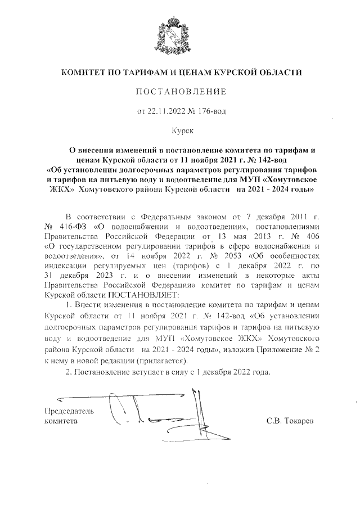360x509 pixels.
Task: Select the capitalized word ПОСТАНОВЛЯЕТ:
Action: pos(144,294)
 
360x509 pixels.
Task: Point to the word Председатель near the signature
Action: pos(69,411)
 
